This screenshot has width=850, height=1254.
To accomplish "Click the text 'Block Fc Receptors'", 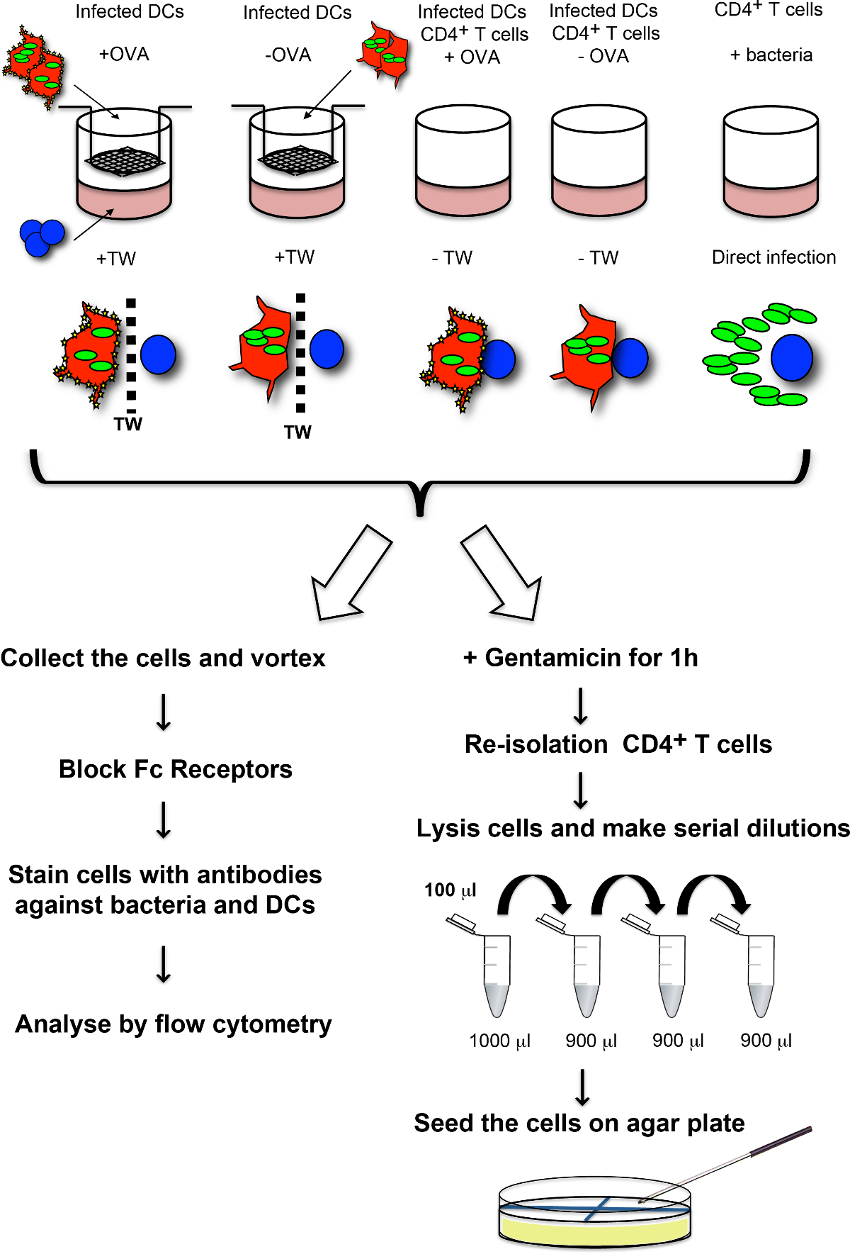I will [x=175, y=769].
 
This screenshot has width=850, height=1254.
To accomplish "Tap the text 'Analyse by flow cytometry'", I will [x=174, y=1024].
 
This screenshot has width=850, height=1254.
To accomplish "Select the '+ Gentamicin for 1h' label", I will [x=580, y=658].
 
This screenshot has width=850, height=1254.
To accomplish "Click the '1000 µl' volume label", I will [x=499, y=1041].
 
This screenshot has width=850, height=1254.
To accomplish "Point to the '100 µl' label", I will [x=450, y=890].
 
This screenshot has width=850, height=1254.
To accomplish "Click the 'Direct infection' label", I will [x=773, y=257].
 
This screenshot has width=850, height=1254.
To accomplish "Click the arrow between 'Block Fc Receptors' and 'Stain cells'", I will [x=164, y=820].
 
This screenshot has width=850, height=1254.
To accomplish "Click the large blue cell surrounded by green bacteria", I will [x=792, y=358].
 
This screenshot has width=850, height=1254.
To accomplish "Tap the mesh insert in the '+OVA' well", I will [x=124, y=161].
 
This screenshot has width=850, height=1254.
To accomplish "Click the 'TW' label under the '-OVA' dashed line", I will [x=297, y=432].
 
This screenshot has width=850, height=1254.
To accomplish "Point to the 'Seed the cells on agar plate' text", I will [x=579, y=1123].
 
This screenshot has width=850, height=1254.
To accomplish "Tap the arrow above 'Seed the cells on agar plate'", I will [x=582, y=1087].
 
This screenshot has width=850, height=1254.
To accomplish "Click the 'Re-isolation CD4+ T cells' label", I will [x=618, y=744].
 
